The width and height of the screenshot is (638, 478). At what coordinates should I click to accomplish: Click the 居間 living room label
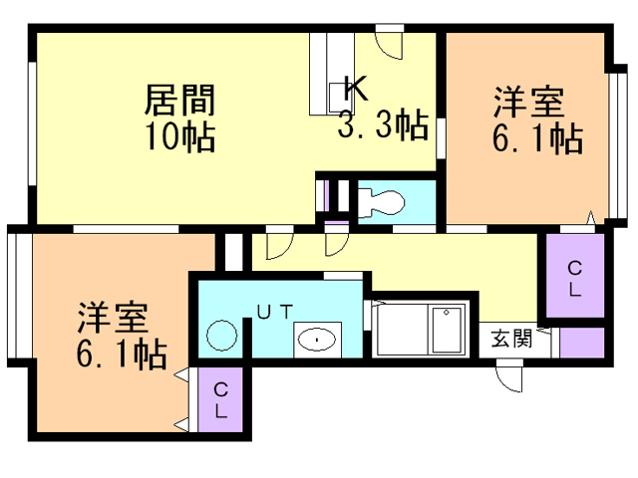tap(180, 100)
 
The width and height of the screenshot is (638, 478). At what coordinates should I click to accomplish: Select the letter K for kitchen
tap(356, 88)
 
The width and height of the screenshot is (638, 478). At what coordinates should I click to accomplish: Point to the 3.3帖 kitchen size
tap(383, 124)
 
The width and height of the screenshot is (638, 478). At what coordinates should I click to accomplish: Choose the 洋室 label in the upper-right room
tap(528, 103)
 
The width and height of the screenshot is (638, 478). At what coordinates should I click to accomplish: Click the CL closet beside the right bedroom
tap(575, 278)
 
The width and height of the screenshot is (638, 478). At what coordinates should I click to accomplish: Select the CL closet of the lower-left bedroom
tap(220, 400)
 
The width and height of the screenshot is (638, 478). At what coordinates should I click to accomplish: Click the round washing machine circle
tap(221, 336)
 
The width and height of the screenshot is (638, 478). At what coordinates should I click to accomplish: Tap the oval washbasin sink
tap(317, 340)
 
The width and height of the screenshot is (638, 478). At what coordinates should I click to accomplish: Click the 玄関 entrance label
tap(509, 339)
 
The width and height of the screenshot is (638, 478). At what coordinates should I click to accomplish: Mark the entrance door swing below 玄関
tap(510, 376)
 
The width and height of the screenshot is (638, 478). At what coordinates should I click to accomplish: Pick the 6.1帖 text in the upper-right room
tap(536, 138)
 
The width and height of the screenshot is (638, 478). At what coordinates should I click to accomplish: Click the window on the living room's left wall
tap(31, 125)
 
